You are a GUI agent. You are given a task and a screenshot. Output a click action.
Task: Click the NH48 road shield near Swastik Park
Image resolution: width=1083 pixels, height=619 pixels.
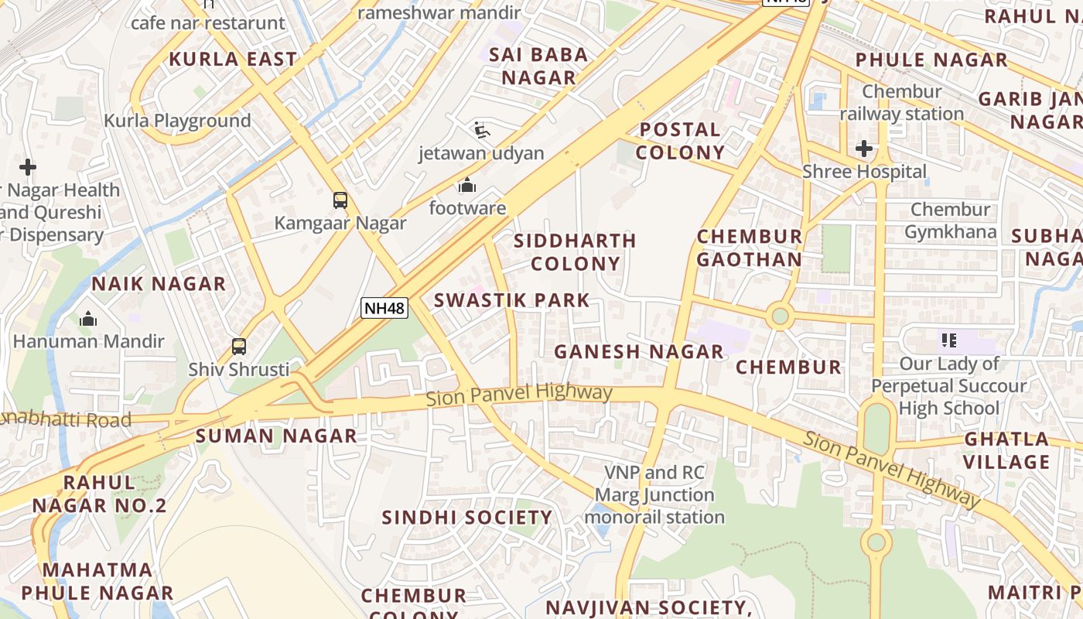point(384,308)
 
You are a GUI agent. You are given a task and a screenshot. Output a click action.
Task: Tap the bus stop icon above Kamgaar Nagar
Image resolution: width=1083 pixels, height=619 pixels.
point(340,200)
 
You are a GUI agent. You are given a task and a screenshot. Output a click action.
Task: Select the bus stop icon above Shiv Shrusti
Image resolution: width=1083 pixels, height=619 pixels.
point(239,347)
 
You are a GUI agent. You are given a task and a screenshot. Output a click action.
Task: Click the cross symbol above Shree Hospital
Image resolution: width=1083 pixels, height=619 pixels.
point(864,148)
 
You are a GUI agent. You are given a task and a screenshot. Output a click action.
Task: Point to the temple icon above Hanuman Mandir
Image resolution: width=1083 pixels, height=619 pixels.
point(88,318)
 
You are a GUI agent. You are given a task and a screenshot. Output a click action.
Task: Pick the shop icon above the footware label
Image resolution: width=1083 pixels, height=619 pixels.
point(466,186)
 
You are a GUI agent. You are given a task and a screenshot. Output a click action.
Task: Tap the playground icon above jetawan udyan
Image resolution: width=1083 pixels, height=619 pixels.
point(481,130)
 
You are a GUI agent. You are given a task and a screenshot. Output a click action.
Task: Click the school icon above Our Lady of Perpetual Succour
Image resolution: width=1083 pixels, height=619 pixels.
point(949,340)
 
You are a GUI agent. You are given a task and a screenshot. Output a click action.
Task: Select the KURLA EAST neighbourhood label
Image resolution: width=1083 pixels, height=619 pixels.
point(233,59)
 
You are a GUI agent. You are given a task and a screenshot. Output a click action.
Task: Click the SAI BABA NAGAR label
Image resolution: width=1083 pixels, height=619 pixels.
point(538,66)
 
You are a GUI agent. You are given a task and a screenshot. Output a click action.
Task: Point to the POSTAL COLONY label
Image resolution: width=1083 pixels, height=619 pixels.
point(680,141)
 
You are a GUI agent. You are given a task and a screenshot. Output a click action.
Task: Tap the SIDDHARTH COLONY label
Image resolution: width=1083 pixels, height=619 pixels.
point(575,252)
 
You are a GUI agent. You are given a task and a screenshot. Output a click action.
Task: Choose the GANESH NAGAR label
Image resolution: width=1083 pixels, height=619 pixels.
point(639,351)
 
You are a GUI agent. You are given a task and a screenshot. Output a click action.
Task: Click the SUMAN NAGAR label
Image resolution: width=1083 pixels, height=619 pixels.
point(276,436)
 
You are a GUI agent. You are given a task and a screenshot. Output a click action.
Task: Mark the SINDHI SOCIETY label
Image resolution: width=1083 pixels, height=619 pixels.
point(467,517)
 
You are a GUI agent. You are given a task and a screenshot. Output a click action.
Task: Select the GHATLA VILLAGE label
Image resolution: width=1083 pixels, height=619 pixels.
point(1006,450)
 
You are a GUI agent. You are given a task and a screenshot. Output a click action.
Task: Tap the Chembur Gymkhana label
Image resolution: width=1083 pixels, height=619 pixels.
point(950,221)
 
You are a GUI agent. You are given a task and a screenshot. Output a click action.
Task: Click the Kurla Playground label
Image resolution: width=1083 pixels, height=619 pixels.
point(177,121)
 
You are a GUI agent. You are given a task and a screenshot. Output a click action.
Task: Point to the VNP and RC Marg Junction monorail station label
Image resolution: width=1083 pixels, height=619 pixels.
point(654,494)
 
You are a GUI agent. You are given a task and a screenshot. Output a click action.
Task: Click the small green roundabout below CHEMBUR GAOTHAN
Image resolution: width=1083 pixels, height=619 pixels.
point(780,316)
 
